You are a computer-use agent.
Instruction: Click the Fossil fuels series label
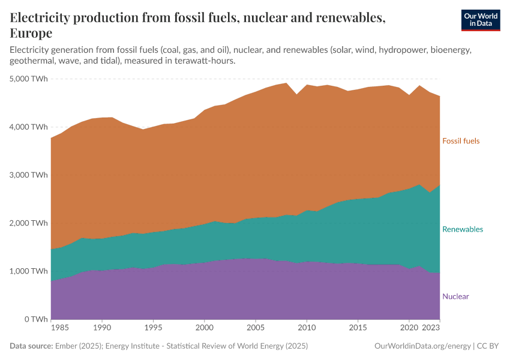click(x=461, y=141)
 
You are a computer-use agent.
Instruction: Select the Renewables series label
click(x=462, y=229)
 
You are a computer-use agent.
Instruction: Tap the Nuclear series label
click(x=455, y=296)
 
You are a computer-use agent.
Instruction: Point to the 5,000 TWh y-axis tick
click(x=29, y=79)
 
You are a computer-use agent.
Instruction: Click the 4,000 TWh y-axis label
click(x=29, y=127)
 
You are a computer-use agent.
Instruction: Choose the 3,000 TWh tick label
click(x=29, y=175)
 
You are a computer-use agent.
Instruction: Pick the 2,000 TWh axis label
click(x=29, y=223)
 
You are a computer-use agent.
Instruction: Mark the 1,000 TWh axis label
click(x=29, y=271)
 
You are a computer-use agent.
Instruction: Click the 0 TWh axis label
click(x=35, y=319)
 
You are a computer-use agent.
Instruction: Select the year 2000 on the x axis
click(x=205, y=329)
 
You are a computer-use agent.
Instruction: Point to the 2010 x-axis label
click(x=307, y=329)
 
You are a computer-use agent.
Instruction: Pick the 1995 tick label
click(x=154, y=329)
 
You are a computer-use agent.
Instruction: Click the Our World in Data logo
click(x=480, y=20)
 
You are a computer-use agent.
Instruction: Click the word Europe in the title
click(x=31, y=33)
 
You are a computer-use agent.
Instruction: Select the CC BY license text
click(x=489, y=346)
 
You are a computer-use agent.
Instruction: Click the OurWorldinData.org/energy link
click(x=422, y=346)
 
